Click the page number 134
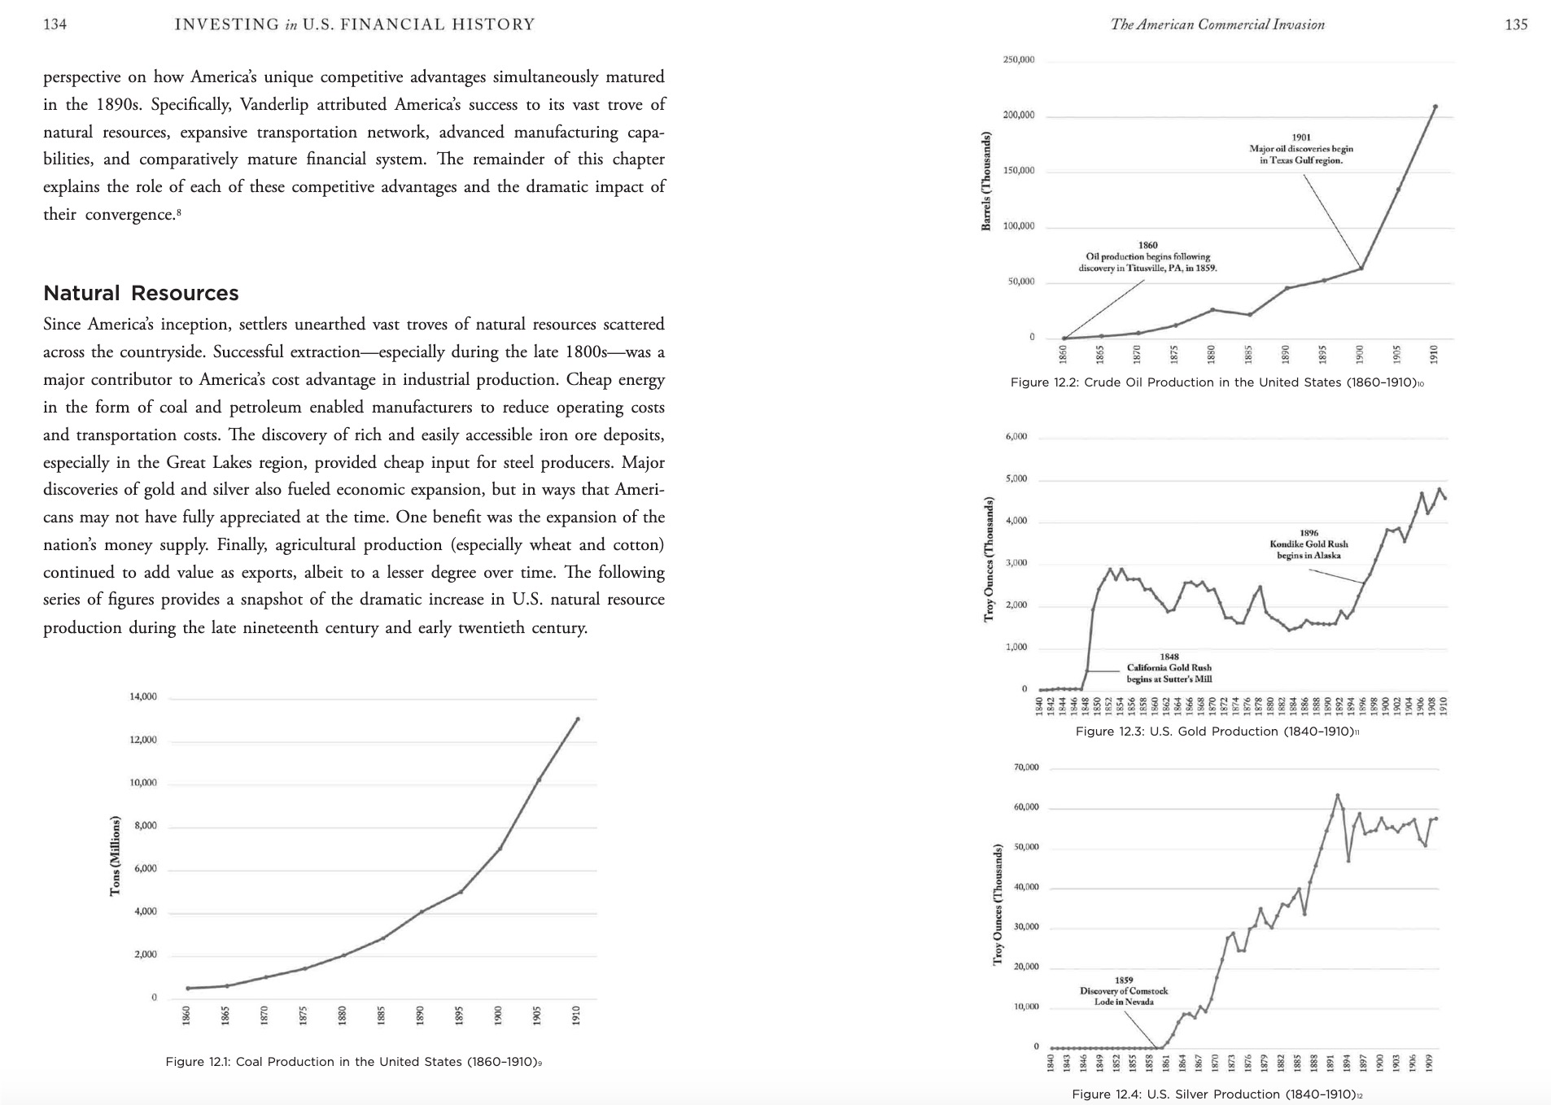[x=55, y=24]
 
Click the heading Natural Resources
[x=141, y=293]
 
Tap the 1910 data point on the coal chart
[x=578, y=719]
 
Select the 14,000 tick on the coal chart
[x=143, y=697]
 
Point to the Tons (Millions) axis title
[x=115, y=856]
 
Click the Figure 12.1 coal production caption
[x=353, y=1062]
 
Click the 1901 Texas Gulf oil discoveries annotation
[x=1301, y=149]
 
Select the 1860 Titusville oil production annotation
[x=1147, y=256]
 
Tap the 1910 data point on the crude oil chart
[x=1435, y=107]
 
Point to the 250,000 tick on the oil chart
[x=1019, y=60]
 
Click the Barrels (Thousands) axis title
[x=986, y=181]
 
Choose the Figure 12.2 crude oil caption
[x=1217, y=382]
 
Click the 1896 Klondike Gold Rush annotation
[x=1309, y=544]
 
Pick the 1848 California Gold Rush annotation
[x=1169, y=668]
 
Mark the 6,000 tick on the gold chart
[x=1016, y=437]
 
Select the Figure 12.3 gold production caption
[x=1217, y=732]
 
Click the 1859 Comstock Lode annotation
[x=1124, y=991]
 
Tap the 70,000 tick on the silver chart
[x=1026, y=767]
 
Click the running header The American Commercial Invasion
[x=1217, y=24]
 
